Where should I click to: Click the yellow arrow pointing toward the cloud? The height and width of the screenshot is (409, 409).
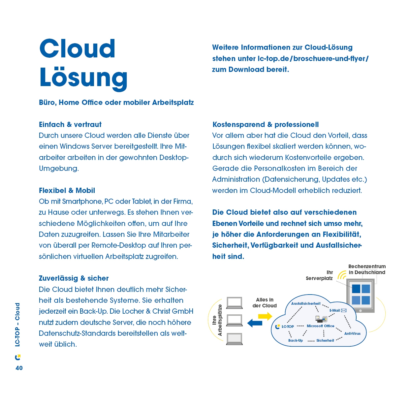click(x=265, y=317)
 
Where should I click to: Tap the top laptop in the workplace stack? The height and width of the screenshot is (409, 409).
click(x=235, y=302)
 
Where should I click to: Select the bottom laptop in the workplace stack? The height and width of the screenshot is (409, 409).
click(x=235, y=339)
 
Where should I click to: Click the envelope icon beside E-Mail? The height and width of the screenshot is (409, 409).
click(x=344, y=310)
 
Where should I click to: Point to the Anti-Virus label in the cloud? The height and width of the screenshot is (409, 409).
click(x=352, y=333)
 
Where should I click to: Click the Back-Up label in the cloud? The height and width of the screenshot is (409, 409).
click(x=296, y=340)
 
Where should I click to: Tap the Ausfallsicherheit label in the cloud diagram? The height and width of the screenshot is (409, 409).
click(x=306, y=303)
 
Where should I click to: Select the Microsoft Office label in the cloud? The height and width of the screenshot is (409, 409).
click(x=320, y=326)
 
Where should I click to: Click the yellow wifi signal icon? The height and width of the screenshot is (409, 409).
click(x=342, y=274)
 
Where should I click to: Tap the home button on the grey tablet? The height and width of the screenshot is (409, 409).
click(x=361, y=310)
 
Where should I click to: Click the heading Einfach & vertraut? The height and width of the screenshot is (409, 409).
click(x=70, y=125)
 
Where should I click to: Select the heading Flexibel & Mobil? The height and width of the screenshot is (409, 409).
click(x=67, y=191)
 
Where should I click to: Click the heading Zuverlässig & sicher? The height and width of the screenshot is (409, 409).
click(x=74, y=278)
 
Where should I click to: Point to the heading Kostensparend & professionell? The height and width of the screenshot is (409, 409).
click(x=266, y=125)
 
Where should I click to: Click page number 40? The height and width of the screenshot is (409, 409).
click(x=19, y=368)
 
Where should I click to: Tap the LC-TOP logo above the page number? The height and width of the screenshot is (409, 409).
click(x=18, y=358)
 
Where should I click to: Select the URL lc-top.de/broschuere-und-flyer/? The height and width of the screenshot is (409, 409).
click(x=313, y=59)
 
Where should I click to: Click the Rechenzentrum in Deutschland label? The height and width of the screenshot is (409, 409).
click(x=367, y=269)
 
